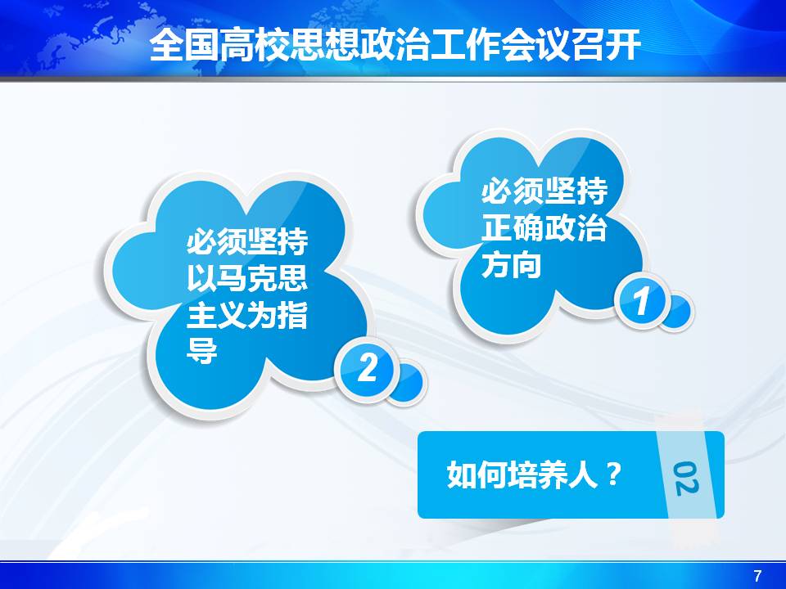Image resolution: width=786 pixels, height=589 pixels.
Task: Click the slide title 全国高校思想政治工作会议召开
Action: tap(395, 46)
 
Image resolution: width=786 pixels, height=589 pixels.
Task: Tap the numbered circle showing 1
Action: tap(642, 301)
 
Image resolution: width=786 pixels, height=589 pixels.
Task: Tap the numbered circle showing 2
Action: tap(367, 369)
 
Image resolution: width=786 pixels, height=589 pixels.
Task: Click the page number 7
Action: tap(757, 575)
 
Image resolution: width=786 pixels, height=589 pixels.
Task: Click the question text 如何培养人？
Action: tap(535, 474)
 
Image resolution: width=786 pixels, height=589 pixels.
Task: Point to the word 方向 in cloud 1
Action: tap(511, 264)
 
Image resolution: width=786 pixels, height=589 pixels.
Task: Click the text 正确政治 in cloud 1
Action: tap(544, 227)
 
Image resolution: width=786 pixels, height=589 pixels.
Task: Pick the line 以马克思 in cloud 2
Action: tap(247, 278)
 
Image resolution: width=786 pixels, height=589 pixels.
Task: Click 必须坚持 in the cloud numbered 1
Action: tap(544, 191)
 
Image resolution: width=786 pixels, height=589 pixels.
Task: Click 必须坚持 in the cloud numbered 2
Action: tap(247, 241)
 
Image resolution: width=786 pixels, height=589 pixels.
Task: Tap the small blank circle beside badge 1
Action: tap(678, 312)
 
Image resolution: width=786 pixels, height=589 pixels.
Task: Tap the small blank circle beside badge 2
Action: tap(407, 383)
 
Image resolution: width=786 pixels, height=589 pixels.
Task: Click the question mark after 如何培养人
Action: tap(613, 474)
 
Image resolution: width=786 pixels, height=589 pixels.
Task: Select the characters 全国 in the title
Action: tap(184, 46)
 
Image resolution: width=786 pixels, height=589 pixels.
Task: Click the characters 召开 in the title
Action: tap(607, 46)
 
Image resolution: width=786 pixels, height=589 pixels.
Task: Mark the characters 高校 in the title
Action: tap(254, 46)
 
